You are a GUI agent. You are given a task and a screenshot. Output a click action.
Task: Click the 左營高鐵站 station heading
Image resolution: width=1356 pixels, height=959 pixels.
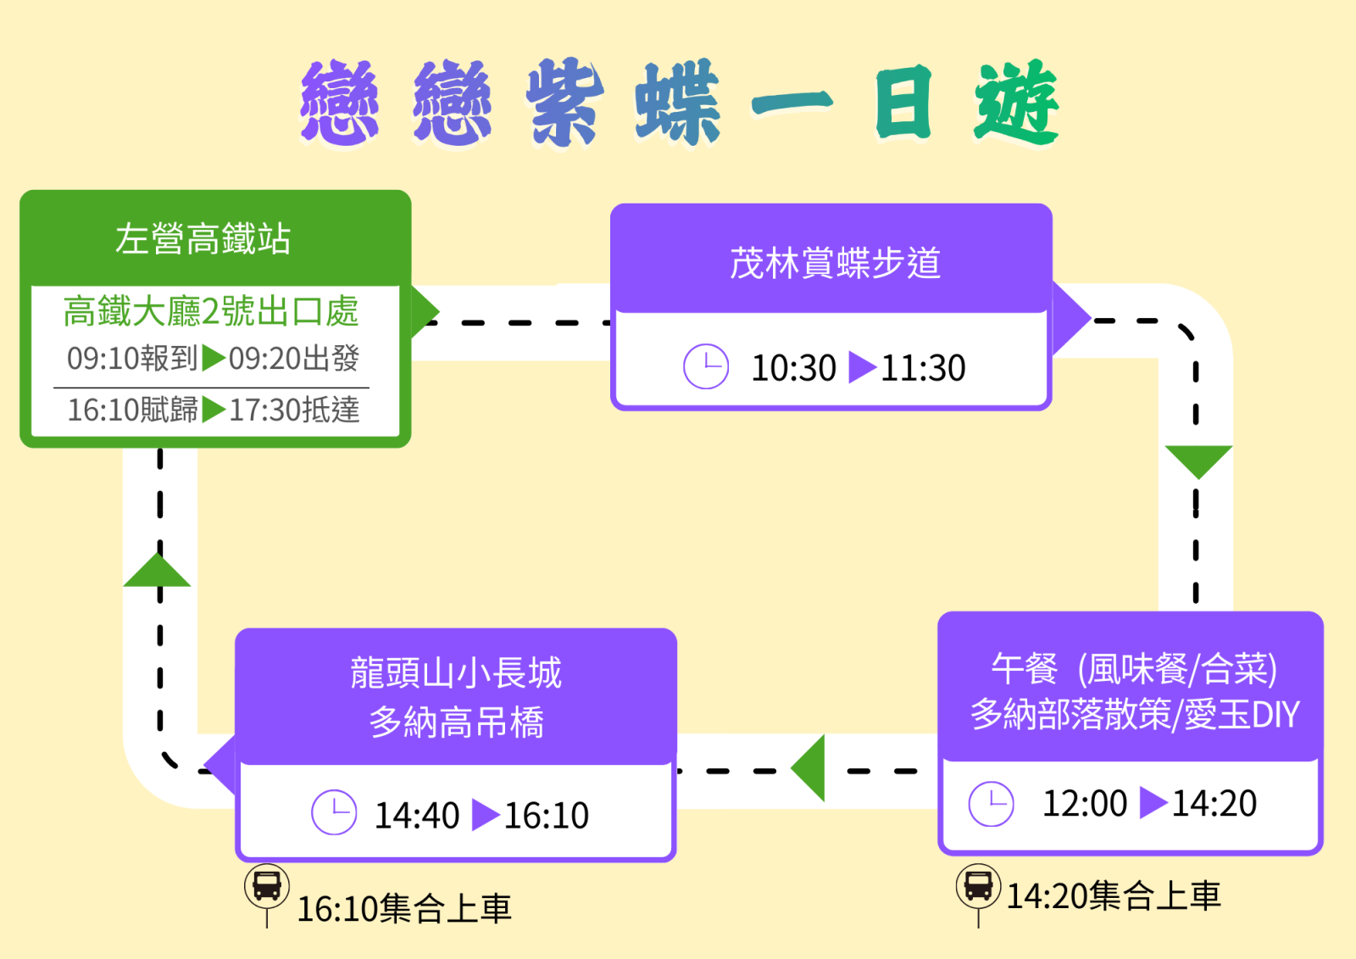(203, 239)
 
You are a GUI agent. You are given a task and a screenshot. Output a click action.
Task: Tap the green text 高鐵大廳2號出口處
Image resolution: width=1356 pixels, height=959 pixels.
(211, 311)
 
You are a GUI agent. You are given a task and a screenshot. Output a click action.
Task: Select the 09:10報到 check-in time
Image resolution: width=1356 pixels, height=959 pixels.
(132, 359)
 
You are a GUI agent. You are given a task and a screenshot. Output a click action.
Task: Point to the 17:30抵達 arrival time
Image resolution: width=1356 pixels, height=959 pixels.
(295, 410)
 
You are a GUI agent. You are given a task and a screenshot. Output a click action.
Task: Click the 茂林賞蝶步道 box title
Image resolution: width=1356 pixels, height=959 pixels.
(835, 263)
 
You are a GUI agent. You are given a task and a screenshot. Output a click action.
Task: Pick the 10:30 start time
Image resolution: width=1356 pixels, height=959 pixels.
(793, 368)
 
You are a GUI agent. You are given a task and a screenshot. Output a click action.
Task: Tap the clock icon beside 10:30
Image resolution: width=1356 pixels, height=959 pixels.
(706, 367)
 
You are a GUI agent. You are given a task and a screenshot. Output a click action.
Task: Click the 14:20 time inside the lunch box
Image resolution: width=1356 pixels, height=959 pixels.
(1214, 803)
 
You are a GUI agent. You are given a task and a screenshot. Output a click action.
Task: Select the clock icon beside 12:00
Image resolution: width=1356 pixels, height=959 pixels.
(991, 803)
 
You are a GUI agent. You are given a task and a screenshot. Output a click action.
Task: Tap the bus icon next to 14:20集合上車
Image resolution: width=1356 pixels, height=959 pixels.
(978, 886)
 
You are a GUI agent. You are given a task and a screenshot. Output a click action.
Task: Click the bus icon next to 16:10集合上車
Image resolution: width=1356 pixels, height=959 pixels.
(267, 887)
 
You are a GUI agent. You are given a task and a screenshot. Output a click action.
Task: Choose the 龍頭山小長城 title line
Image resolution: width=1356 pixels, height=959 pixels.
(456, 673)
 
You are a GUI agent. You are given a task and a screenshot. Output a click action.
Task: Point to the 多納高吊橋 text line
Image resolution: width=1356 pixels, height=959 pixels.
(456, 722)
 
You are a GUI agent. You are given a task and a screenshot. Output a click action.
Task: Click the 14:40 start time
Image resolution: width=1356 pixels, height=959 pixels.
(417, 815)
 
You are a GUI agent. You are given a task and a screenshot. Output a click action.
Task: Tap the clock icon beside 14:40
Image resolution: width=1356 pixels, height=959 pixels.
(334, 812)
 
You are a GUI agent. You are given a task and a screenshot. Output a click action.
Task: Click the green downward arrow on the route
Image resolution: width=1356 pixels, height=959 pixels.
(1198, 460)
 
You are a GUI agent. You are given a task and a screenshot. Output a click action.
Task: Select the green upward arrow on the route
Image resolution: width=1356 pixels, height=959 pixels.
(158, 571)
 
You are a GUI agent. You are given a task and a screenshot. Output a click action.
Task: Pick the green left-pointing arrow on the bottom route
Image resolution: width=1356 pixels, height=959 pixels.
(810, 768)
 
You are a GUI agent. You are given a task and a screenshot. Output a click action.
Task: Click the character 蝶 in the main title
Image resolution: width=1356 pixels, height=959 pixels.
(678, 102)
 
